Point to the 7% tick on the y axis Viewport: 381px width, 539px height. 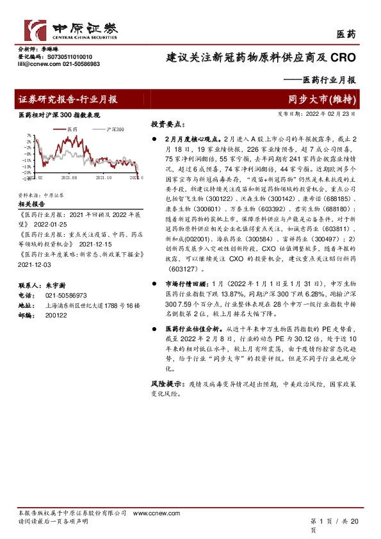pos(29,136)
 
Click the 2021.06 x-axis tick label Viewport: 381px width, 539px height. pos(69,178)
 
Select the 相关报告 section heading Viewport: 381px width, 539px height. pos(29,204)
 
